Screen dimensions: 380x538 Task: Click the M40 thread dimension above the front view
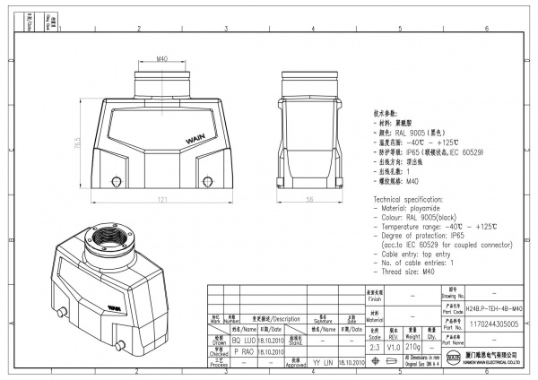162,58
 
